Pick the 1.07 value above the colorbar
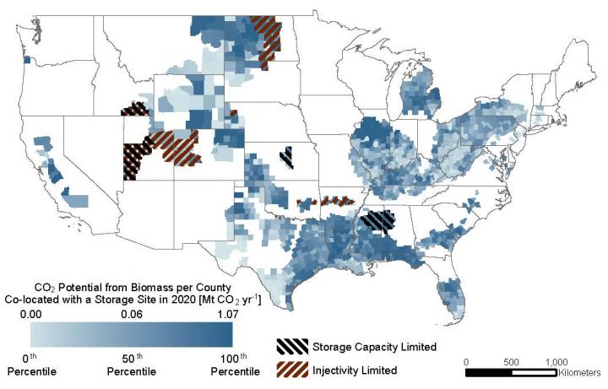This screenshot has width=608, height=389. click(231, 314)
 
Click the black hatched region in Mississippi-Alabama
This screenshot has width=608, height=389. click(377, 221)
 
